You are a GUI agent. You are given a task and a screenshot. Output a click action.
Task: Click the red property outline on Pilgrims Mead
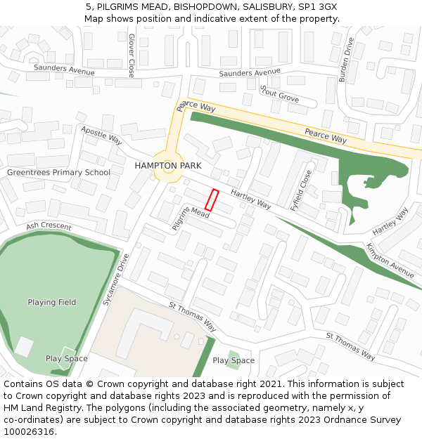coord(212,200)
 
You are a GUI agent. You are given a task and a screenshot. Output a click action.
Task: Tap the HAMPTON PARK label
coord(168,166)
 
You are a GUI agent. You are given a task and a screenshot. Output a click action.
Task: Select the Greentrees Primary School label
coord(58,172)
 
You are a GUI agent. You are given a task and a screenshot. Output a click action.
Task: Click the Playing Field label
coord(52,302)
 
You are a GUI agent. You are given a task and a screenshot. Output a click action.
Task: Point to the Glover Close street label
coord(132,55)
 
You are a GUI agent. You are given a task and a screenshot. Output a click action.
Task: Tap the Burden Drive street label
coord(347,60)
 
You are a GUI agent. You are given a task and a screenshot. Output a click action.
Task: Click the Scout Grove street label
coord(279,94)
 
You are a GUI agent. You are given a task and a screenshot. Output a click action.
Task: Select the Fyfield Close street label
coord(301,190)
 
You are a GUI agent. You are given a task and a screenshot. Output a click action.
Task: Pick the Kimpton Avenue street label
coord(390,261)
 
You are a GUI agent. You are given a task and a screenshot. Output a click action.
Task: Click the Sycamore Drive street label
coord(116,280)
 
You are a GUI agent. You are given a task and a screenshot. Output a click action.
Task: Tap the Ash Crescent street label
coord(49,226)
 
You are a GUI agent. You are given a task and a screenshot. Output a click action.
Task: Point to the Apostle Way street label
coord(101,135)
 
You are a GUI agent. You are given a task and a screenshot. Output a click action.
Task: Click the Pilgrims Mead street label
coord(191,218)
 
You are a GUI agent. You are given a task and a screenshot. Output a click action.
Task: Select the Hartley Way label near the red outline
coord(251,200)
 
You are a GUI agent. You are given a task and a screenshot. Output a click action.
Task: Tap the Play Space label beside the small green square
coord(234,360)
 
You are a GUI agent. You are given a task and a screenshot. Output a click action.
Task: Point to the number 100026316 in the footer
coord(30,432)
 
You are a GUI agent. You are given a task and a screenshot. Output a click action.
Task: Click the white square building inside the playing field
coord(24,346)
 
